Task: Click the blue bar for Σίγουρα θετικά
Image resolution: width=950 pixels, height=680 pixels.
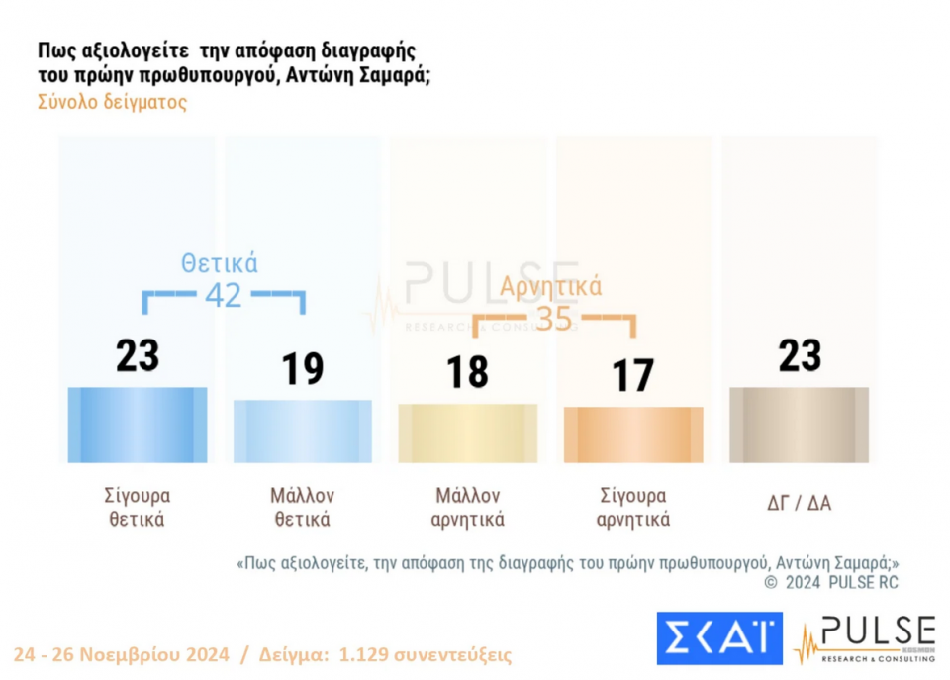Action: (138, 425)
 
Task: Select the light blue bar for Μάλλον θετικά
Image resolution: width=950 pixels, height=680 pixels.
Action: (303, 431)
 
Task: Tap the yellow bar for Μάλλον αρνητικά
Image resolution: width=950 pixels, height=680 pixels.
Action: (467, 434)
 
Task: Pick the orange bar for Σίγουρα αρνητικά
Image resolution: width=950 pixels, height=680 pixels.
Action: (632, 435)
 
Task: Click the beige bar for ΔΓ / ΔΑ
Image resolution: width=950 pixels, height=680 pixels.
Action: (799, 425)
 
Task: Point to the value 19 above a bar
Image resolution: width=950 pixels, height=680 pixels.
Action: (303, 369)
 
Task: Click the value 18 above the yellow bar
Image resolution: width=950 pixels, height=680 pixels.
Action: (467, 372)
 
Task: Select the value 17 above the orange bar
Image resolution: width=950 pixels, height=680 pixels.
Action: (632, 376)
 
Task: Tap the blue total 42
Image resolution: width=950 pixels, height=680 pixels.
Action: (223, 295)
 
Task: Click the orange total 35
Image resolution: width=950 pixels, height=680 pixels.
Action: (554, 319)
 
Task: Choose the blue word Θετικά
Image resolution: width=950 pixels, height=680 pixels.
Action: (220, 263)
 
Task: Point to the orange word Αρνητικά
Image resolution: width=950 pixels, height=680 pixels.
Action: (551, 287)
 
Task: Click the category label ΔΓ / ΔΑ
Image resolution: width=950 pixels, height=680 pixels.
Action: (799, 503)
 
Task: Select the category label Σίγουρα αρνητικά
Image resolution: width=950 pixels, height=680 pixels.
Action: (633, 507)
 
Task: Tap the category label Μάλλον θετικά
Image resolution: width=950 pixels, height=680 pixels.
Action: (303, 507)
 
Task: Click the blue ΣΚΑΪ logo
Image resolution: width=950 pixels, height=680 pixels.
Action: (719, 637)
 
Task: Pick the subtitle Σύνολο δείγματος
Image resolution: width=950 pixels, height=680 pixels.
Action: (112, 102)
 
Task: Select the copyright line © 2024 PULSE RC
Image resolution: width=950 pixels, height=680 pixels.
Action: (831, 583)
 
